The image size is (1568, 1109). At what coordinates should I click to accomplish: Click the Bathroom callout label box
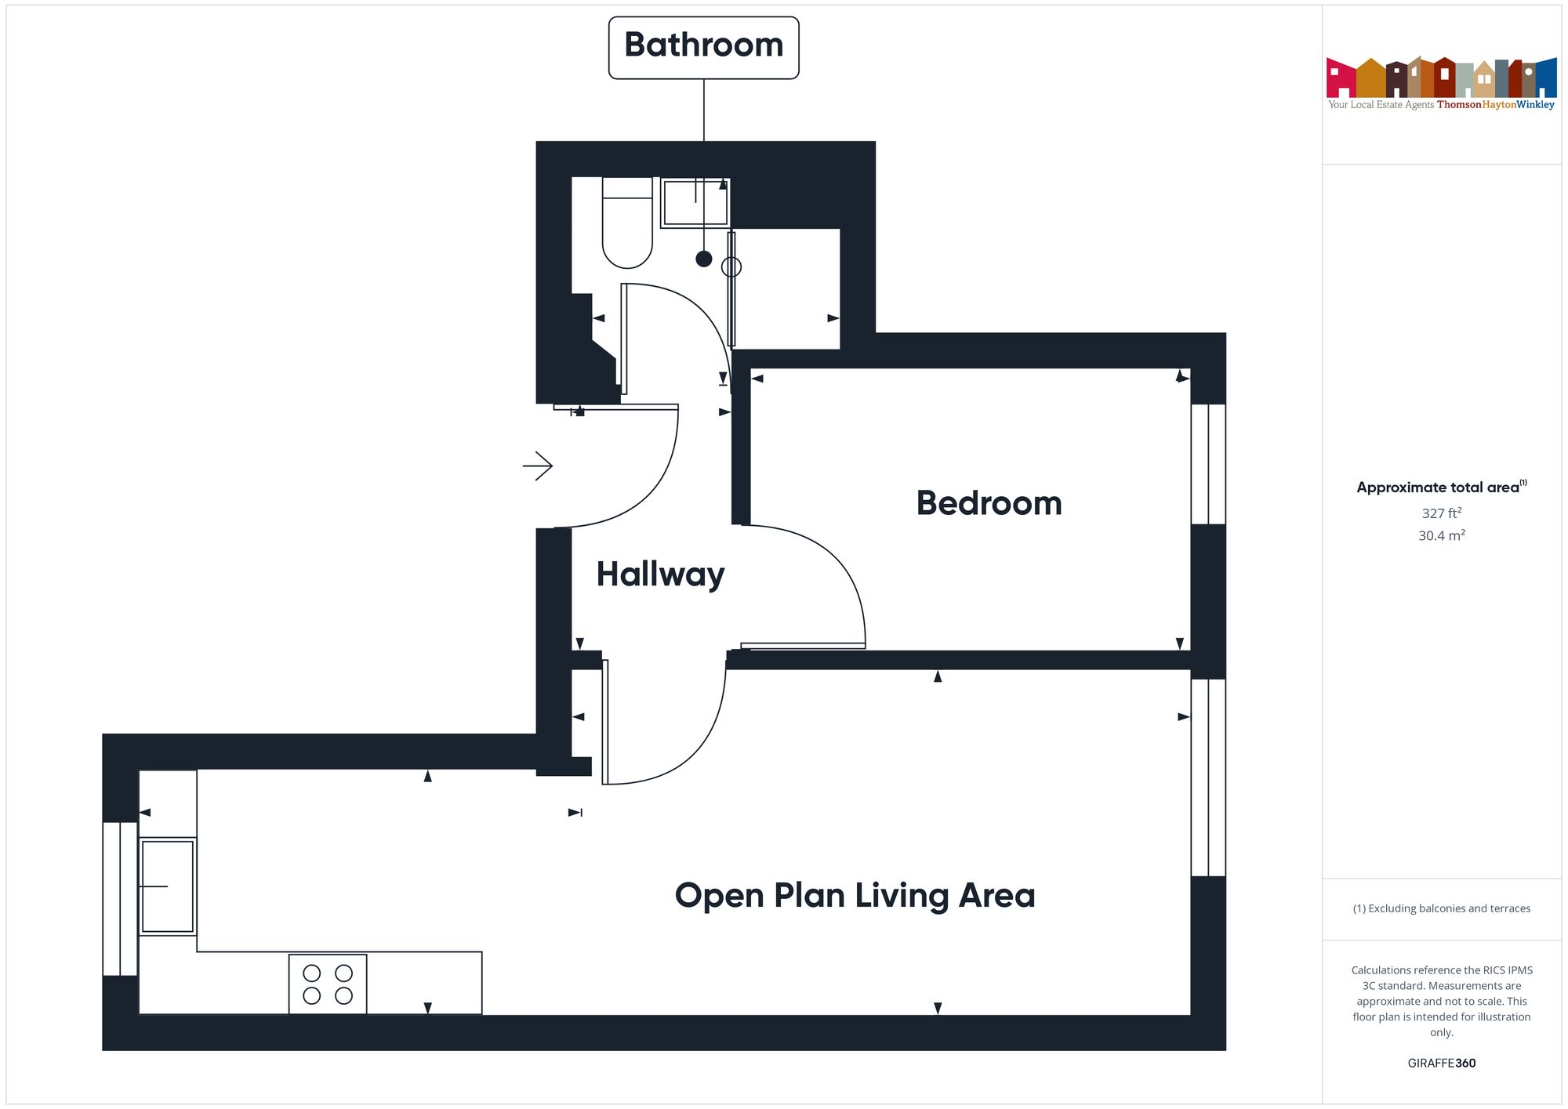tap(703, 47)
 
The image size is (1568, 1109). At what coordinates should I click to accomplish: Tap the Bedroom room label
tap(989, 503)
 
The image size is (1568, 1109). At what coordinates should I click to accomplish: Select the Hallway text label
tap(660, 574)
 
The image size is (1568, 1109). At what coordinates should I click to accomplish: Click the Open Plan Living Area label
tap(855, 895)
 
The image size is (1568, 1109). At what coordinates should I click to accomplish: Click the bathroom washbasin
tap(695, 203)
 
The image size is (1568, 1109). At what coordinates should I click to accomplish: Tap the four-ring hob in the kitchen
tap(328, 984)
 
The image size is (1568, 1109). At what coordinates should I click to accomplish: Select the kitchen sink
tap(168, 886)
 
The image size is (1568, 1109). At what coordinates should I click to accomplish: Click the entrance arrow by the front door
tap(538, 466)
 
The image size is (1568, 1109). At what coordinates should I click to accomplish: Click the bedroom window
tap(1208, 464)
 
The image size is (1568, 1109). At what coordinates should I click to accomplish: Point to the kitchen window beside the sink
tap(120, 899)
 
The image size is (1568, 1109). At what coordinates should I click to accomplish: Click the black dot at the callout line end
tap(704, 259)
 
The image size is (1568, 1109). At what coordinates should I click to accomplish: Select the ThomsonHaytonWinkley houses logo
tap(1441, 78)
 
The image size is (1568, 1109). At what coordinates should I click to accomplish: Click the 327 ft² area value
tap(1441, 513)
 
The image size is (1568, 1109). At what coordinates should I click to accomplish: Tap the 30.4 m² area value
tap(1441, 536)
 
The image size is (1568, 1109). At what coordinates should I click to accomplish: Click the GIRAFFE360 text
tap(1441, 1064)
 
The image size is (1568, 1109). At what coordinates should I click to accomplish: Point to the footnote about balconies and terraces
tap(1441, 908)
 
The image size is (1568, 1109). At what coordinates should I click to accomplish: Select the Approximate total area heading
tap(1441, 487)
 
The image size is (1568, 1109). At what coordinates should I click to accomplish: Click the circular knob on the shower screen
tap(731, 267)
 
